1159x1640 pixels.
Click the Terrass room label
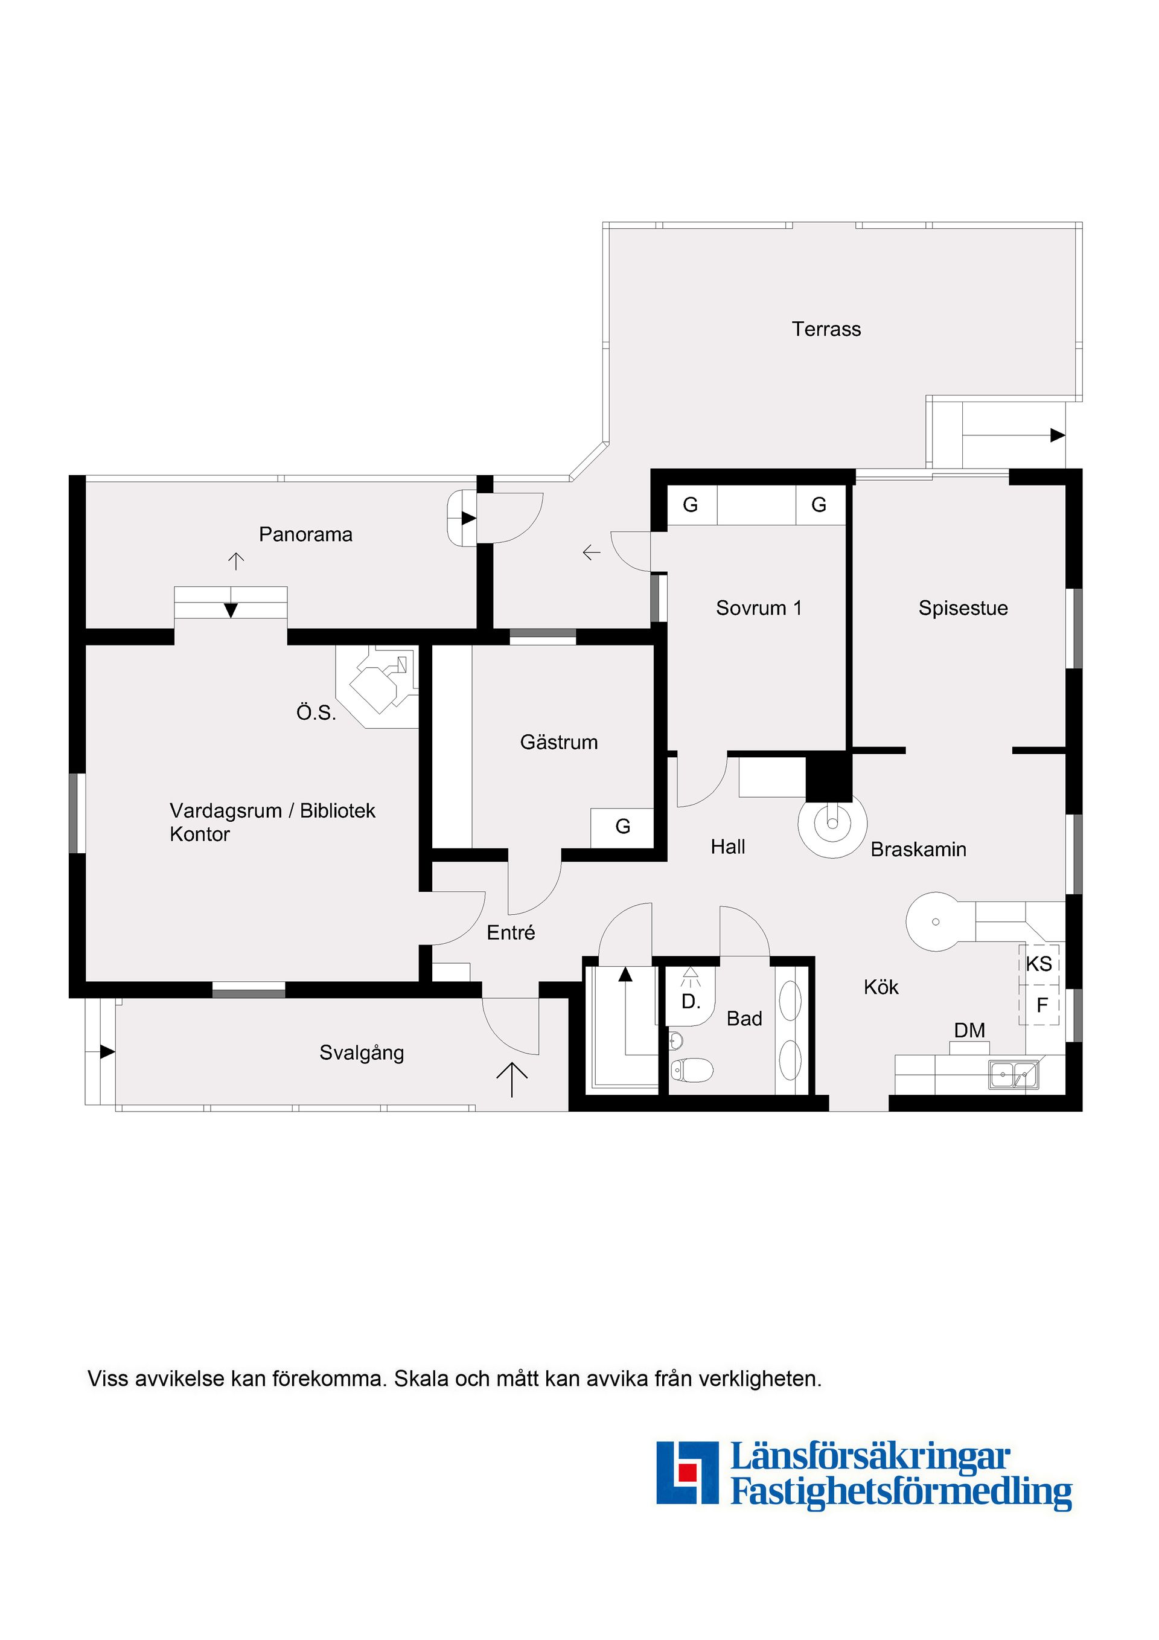click(826, 329)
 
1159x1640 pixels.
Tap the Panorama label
click(305, 534)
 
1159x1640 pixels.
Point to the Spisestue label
click(963, 609)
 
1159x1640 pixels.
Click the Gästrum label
click(558, 742)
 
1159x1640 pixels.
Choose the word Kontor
click(200, 834)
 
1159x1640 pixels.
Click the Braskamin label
click(918, 849)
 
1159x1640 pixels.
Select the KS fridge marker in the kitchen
click(1039, 964)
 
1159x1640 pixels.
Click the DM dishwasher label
click(970, 1030)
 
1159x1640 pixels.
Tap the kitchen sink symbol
click(1014, 1075)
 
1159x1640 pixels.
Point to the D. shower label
click(691, 1001)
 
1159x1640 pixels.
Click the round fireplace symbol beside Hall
click(832, 822)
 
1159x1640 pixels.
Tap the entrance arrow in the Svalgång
click(512, 1078)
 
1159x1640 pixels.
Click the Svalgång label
click(362, 1054)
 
